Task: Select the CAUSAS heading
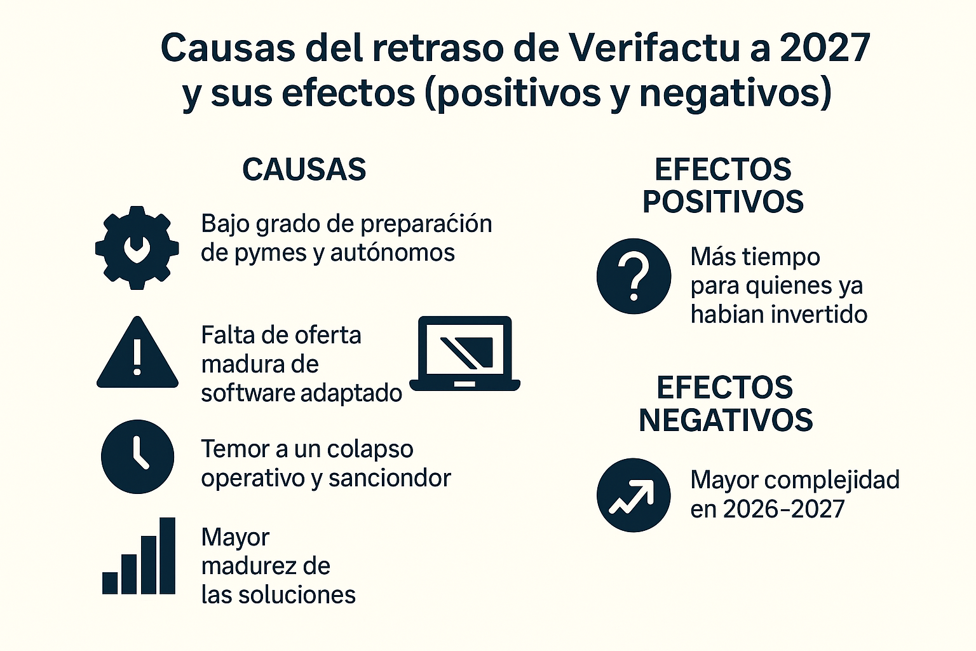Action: tap(304, 170)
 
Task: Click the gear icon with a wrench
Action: tap(137, 248)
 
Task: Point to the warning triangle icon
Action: tap(137, 354)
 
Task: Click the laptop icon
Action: tap(465, 353)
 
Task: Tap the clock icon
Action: tap(137, 456)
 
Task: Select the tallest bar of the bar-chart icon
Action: tap(167, 556)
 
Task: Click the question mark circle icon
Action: tap(634, 276)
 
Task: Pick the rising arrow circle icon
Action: tap(634, 495)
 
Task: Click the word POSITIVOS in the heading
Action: tap(723, 202)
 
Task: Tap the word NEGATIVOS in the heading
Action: tap(726, 421)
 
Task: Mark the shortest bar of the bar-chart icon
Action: tap(111, 583)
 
